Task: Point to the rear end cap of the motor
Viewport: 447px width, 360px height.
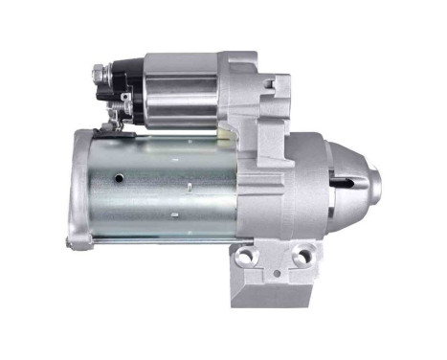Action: [x=80, y=187]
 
